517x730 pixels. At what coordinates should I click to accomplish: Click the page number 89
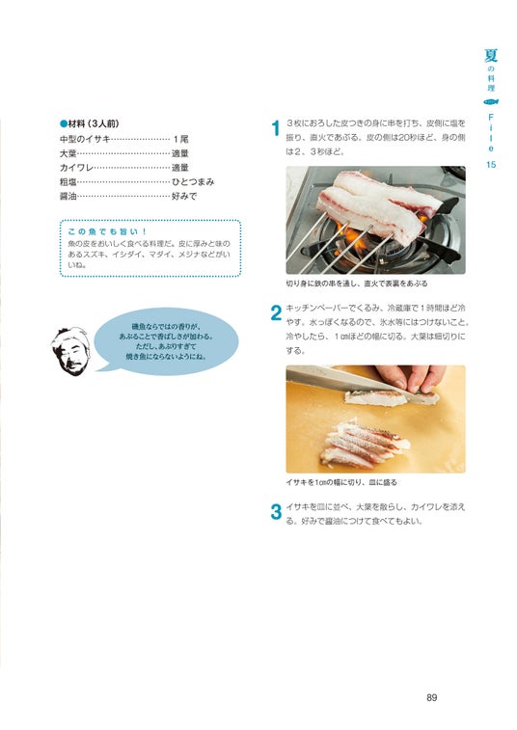point(432,697)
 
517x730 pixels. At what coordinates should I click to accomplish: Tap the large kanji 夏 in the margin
point(491,55)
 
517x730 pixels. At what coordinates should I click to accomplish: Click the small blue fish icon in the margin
point(491,101)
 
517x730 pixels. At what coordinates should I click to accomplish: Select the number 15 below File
point(491,164)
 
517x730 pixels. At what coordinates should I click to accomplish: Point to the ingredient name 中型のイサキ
point(85,139)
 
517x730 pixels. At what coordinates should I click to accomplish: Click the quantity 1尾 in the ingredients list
point(180,139)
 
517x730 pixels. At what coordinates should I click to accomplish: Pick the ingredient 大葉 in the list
point(68,153)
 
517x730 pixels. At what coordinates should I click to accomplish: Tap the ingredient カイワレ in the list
point(77,168)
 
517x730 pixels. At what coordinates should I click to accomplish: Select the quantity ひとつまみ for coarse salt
point(193,182)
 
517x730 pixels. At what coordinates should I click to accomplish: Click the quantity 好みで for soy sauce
point(184,197)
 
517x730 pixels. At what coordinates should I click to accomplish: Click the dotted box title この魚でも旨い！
point(108,231)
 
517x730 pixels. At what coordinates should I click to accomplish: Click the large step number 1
point(276,128)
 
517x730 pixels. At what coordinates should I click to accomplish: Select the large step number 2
point(276,312)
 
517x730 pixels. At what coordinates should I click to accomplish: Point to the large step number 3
point(276,512)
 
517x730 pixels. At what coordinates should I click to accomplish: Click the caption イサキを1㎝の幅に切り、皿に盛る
point(341,482)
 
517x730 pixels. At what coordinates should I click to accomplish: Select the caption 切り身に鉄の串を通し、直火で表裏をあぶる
point(357,284)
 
